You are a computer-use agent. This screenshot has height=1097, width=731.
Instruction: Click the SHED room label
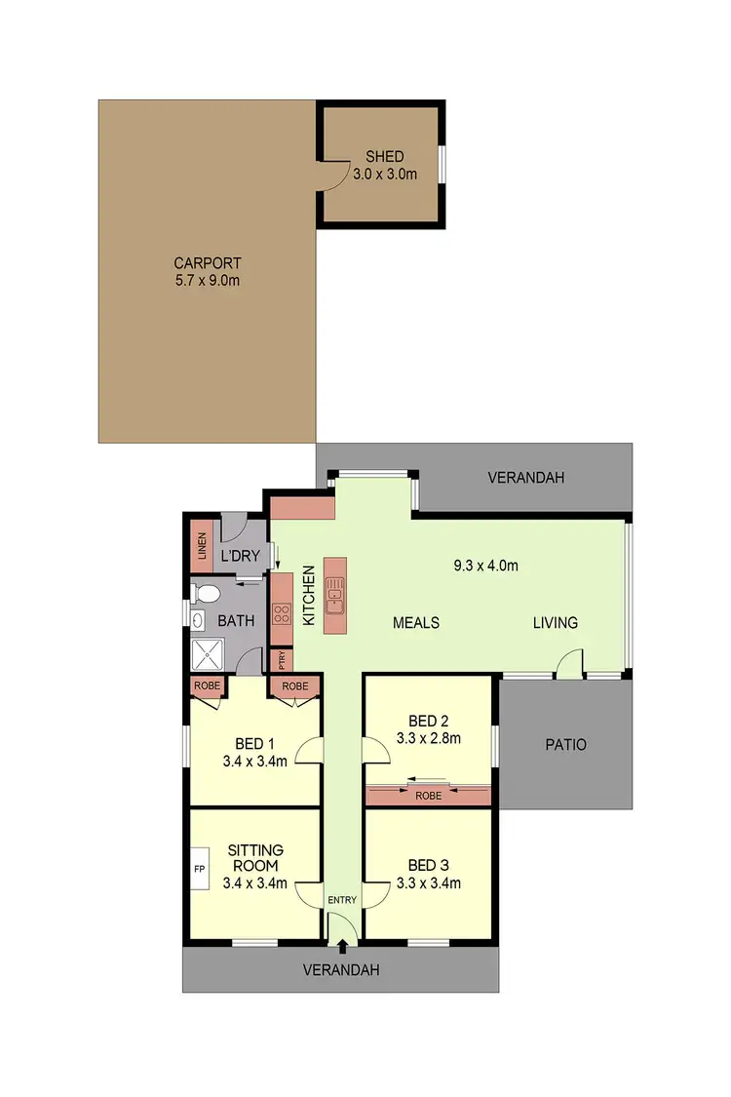click(x=384, y=157)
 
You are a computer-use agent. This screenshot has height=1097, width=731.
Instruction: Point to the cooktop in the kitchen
click(x=281, y=613)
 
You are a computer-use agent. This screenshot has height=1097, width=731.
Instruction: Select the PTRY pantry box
click(x=282, y=659)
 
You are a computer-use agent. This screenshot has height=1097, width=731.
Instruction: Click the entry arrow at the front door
click(x=342, y=943)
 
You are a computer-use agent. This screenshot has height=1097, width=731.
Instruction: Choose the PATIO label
click(x=565, y=744)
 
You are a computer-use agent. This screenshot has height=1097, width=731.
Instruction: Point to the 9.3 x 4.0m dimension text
click(x=484, y=566)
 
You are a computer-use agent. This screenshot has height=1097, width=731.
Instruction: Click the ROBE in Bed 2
click(x=427, y=795)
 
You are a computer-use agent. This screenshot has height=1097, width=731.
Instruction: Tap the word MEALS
click(x=416, y=622)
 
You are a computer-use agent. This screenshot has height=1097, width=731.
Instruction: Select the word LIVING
click(x=555, y=622)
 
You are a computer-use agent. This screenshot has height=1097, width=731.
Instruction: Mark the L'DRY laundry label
click(x=239, y=557)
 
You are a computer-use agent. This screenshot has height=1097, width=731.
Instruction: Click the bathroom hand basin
click(x=199, y=620)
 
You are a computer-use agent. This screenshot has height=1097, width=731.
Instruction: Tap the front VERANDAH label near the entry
click(x=340, y=970)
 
